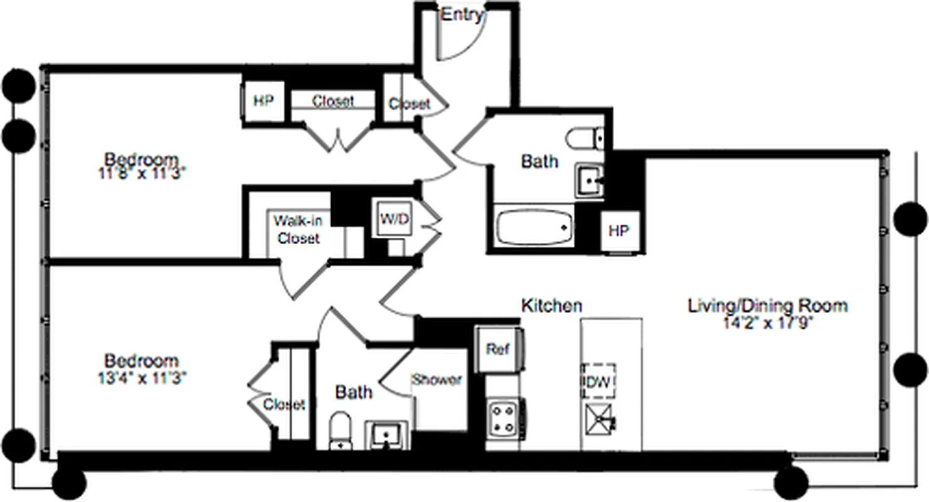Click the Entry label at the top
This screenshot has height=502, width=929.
(462, 14)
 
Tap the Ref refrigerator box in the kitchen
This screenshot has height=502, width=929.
(499, 349)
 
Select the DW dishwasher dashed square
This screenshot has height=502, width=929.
(598, 380)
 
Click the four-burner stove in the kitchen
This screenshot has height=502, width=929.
(503, 417)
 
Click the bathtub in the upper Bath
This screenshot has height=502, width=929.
(534, 228)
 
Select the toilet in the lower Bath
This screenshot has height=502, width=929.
(341, 430)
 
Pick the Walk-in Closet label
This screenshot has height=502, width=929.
(298, 230)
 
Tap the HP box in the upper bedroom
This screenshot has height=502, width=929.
(263, 100)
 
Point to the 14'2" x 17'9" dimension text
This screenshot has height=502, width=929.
(768, 324)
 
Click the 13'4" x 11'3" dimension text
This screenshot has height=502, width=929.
(141, 378)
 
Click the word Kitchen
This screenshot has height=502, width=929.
(551, 306)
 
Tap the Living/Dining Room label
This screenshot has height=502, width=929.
(768, 306)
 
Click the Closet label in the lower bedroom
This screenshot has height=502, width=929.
(284, 405)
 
